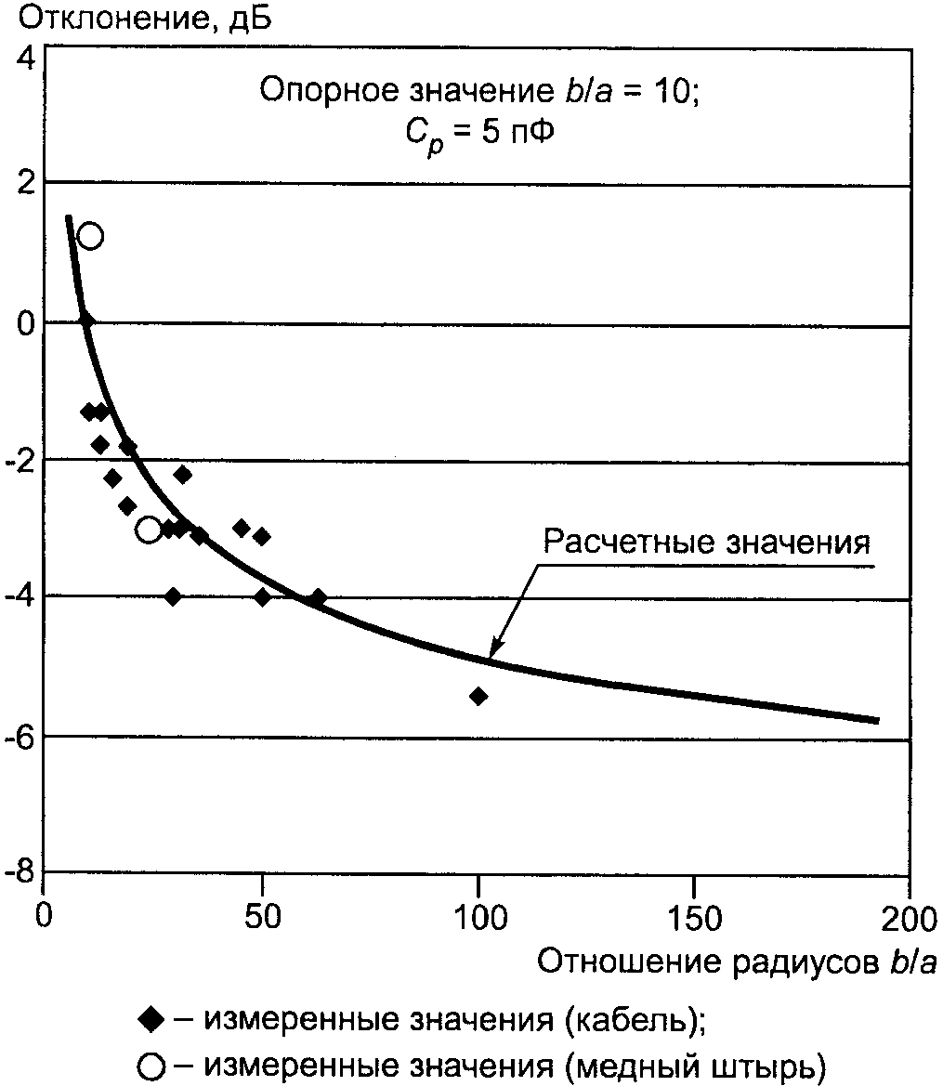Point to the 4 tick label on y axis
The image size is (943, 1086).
[x=25, y=57]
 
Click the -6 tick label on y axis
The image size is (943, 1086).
[x=21, y=737]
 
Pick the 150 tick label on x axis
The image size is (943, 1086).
[x=695, y=919]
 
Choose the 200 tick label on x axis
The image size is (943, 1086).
[x=909, y=919]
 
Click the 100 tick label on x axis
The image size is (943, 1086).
[x=478, y=919]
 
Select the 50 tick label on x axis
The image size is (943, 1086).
[x=263, y=919]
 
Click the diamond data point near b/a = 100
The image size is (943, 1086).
[x=478, y=696]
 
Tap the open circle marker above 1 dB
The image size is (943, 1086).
[x=90, y=236]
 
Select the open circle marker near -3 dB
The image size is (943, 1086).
[x=149, y=530]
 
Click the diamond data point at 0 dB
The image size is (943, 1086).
[x=86, y=321]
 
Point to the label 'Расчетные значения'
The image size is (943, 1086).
[x=706, y=543]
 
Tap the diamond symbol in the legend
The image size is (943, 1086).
[x=149, y=1019]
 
